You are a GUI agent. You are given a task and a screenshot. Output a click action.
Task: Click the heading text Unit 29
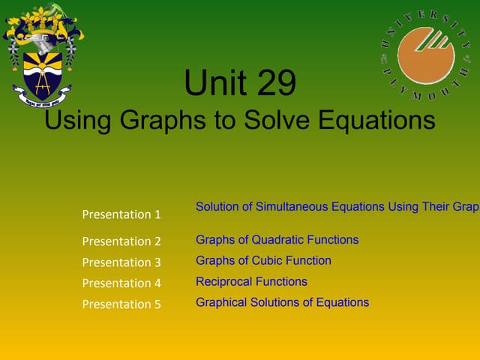(240, 84)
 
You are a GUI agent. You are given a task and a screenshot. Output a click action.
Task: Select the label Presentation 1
(121, 214)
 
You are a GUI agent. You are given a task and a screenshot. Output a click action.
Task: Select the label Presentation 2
(121, 241)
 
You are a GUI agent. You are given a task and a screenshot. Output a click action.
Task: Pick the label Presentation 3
(121, 262)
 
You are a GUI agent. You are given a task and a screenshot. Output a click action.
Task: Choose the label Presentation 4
(121, 283)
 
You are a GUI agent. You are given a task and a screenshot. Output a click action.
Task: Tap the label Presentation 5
(121, 304)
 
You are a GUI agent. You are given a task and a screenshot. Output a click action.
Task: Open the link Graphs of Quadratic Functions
(277, 240)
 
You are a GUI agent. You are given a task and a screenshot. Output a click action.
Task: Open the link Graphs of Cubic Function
(263, 261)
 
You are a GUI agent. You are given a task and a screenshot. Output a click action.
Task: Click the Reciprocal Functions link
(251, 282)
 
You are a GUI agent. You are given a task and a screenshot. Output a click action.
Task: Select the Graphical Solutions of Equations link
(282, 303)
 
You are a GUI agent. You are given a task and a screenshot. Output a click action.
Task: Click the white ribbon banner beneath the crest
(43, 96)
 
